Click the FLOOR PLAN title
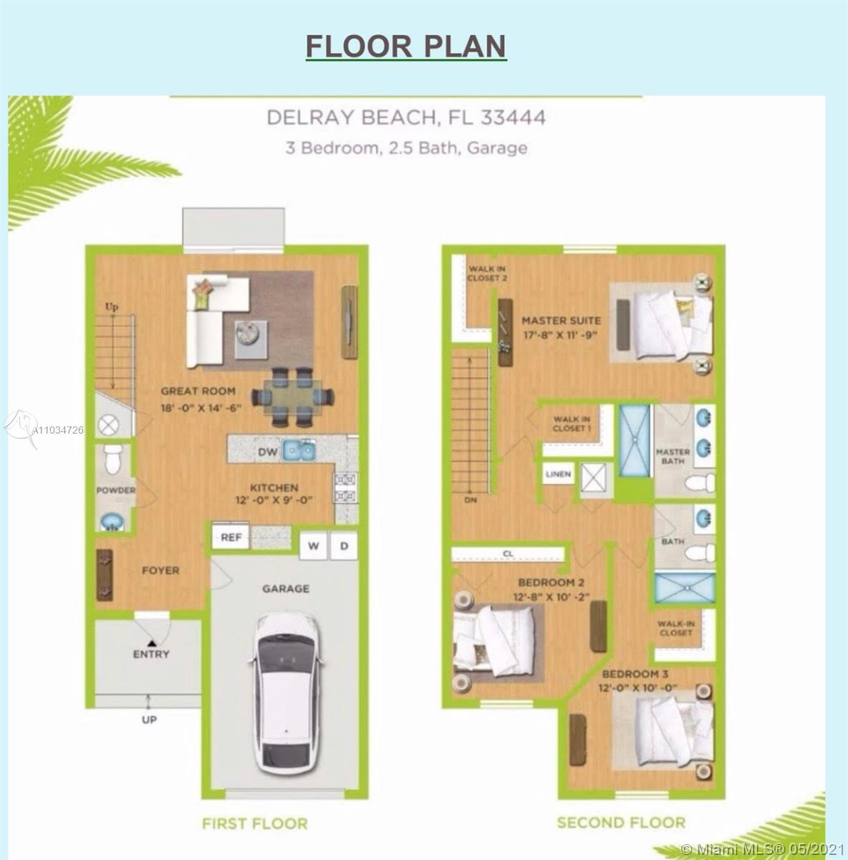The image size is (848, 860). click(406, 46)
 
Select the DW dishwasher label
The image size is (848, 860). click(268, 452)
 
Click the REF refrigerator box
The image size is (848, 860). click(231, 537)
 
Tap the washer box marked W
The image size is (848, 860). click(313, 546)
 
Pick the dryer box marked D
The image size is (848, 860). click(344, 546)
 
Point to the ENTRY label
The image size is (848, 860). click(151, 654)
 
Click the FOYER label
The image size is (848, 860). click(160, 570)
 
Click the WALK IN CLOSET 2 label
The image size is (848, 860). click(487, 273)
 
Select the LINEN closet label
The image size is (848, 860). click(558, 474)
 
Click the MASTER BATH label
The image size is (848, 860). click(673, 457)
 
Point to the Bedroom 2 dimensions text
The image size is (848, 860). click(551, 596)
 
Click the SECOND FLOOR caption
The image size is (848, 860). click(621, 822)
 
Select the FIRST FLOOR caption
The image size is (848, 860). click(254, 823)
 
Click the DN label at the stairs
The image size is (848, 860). click(471, 500)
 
